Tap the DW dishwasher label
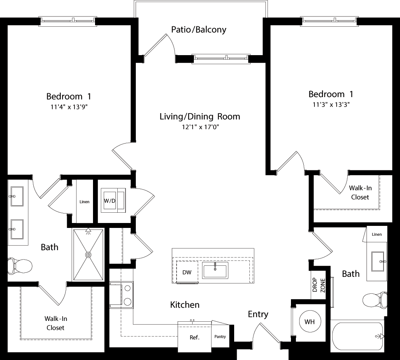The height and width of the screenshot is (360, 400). (187, 272)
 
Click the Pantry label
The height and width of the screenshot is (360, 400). (220, 337)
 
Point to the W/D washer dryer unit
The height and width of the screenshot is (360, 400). (113, 200)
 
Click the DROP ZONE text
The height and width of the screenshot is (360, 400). (319, 285)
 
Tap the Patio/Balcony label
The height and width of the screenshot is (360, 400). (199, 30)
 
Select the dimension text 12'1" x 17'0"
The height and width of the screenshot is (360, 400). (200, 127)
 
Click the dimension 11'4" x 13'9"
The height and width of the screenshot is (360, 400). (69, 107)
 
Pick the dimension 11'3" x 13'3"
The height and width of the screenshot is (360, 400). (331, 104)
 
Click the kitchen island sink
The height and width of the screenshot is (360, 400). (215, 270)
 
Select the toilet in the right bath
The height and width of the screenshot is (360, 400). (375, 300)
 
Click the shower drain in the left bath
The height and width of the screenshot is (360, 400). (88, 255)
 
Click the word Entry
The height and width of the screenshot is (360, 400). (258, 314)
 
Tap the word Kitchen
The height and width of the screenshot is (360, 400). (185, 305)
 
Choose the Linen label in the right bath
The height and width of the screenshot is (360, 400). (377, 234)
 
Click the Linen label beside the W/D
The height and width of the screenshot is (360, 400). (84, 202)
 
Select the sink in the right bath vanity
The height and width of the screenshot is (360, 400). (378, 261)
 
